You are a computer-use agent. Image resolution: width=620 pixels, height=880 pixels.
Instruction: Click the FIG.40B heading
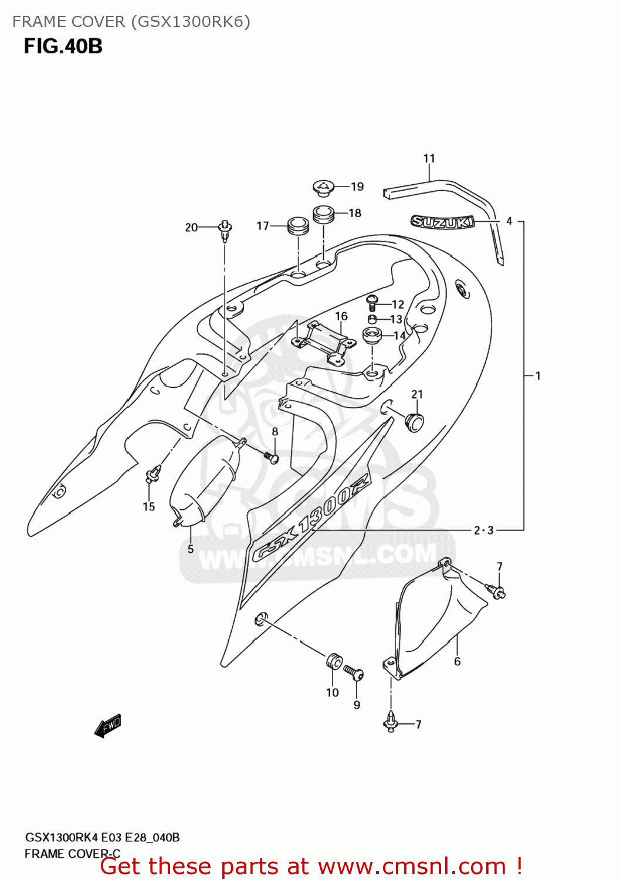[63, 46]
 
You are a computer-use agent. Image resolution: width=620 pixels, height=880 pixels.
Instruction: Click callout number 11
[429, 158]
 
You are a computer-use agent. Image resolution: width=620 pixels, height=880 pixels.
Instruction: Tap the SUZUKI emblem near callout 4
[442, 222]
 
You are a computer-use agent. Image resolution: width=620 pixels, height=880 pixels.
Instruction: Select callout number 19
[357, 187]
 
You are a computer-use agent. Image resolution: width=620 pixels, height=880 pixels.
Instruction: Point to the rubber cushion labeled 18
[323, 214]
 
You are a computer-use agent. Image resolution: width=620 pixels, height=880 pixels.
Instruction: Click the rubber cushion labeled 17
[297, 226]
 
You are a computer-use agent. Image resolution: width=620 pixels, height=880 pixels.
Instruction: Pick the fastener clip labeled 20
[225, 230]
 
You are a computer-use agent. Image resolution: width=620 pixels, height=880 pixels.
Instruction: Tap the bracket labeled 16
[324, 343]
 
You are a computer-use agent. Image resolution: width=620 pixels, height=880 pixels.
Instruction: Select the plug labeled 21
[415, 422]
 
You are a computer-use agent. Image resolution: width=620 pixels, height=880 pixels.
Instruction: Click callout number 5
[191, 549]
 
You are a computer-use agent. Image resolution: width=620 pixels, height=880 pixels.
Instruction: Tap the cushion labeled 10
[333, 662]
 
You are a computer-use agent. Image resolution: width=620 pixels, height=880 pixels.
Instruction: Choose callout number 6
[458, 661]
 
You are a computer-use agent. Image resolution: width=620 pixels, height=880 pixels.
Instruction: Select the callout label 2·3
[484, 530]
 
